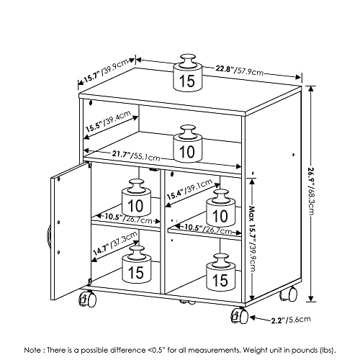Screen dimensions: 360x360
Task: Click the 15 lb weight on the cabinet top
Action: [188, 73]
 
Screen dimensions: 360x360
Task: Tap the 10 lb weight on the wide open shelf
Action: [188, 143]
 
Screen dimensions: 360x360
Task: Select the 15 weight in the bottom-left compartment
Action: [137, 264]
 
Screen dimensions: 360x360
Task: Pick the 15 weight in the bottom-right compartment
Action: [221, 272]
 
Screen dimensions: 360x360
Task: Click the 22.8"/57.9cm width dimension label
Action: [239, 71]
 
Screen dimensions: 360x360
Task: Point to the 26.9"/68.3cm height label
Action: [311, 193]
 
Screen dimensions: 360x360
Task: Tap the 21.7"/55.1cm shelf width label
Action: [136, 156]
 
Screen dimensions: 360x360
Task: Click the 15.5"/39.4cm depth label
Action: [109, 121]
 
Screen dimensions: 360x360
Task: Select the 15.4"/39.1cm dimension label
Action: [189, 189]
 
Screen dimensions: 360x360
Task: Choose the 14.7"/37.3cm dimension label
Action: [115, 243]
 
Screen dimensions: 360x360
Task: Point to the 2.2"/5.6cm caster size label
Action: [291, 320]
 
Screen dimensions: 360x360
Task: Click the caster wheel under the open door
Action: [87, 299]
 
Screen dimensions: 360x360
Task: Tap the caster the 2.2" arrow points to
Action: [240, 315]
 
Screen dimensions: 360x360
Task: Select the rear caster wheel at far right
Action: [289, 294]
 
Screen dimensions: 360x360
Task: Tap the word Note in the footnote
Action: [32, 350]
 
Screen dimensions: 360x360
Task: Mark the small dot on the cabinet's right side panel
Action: [293, 155]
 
